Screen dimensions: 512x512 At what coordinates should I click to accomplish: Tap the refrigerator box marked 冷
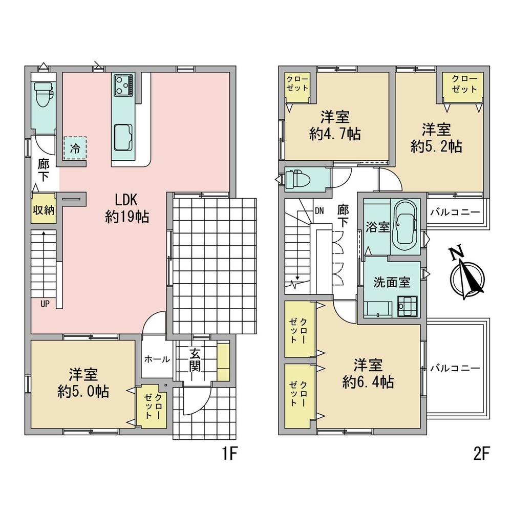[75, 148]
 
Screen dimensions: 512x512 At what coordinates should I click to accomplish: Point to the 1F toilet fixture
[44, 94]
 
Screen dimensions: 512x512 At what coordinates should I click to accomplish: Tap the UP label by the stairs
[45, 304]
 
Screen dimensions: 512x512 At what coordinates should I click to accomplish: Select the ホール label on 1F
[157, 359]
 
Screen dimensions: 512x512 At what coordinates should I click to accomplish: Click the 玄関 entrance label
[195, 360]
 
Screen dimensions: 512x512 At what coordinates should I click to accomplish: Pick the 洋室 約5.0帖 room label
[83, 382]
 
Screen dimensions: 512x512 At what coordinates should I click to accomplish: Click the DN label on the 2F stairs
[319, 211]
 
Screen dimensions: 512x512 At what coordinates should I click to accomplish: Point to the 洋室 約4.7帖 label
[335, 125]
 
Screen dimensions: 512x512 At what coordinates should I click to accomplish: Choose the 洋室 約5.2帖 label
[436, 138]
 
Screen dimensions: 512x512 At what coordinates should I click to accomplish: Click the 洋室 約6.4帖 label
[368, 373]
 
